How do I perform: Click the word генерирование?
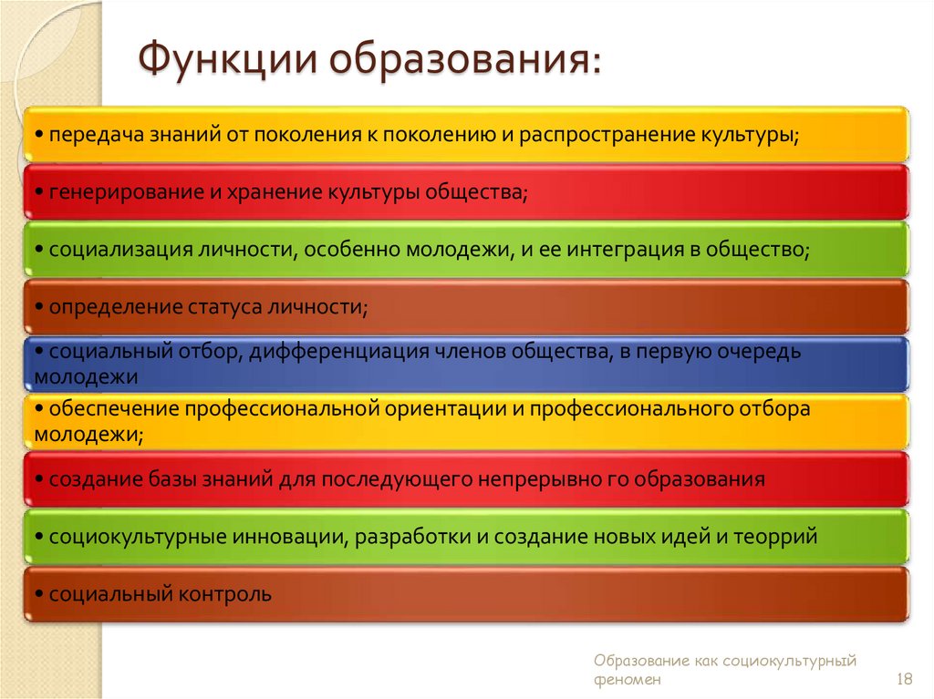[114, 192]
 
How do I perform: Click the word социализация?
[119, 250]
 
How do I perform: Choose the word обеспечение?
[115, 409]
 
